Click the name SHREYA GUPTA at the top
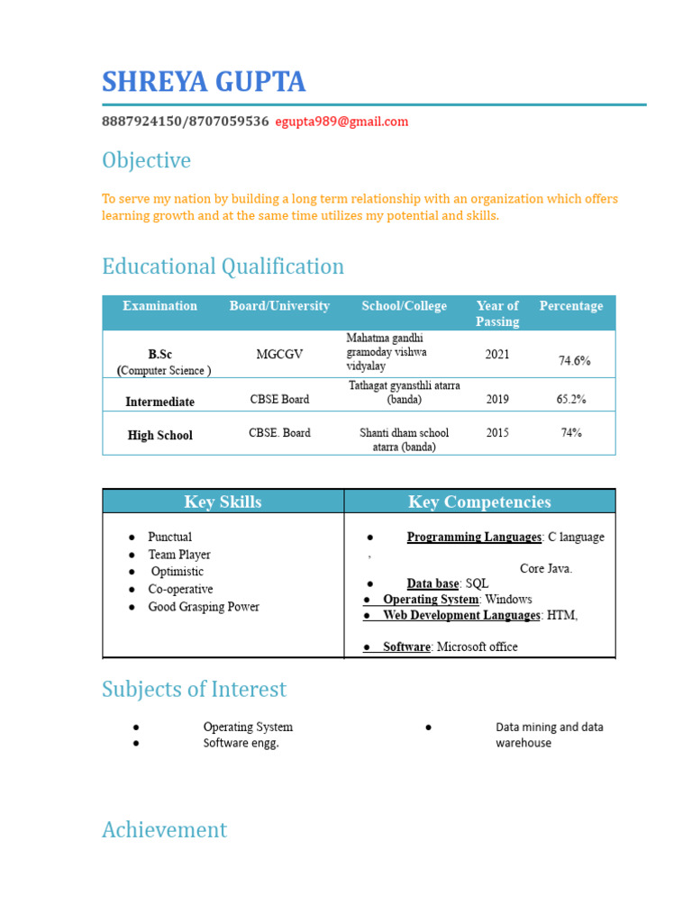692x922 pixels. click(204, 82)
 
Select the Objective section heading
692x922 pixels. click(146, 160)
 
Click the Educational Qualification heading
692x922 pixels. click(223, 267)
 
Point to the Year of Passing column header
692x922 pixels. click(497, 313)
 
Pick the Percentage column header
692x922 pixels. click(570, 306)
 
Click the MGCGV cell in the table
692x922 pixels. click(279, 355)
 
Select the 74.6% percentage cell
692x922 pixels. click(574, 360)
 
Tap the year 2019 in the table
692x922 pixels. click(497, 399)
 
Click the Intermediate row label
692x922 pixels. click(159, 402)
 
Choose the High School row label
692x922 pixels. click(159, 435)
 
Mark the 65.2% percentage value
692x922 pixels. click(571, 398)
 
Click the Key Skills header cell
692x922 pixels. click(223, 502)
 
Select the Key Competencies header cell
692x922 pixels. click(479, 502)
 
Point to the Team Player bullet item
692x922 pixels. click(179, 555)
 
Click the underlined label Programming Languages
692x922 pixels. click(474, 538)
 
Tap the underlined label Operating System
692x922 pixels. click(431, 599)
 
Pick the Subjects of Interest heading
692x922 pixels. click(194, 689)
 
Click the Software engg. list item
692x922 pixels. click(241, 743)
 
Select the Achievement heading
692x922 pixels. click(164, 829)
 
